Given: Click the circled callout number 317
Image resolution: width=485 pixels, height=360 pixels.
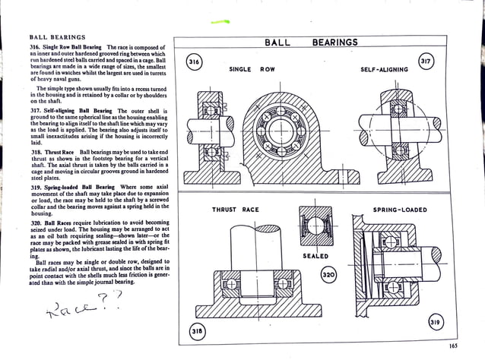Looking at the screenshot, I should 426,60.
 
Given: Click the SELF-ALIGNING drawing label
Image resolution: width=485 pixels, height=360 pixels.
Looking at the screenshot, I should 384,69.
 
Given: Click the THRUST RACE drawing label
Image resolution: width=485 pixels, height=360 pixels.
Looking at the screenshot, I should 235,209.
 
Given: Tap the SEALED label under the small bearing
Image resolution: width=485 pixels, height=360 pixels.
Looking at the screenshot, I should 315,256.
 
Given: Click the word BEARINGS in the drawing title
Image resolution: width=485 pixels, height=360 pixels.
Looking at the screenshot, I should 334,43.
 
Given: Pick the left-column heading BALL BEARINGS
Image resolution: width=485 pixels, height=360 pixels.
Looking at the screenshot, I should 56,36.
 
